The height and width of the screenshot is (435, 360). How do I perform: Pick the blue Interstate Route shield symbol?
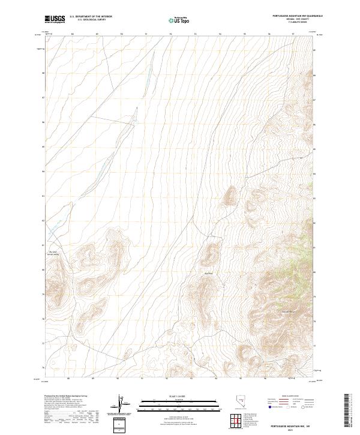[x=269, y=407]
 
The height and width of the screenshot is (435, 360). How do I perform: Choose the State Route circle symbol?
[x=304, y=407]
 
